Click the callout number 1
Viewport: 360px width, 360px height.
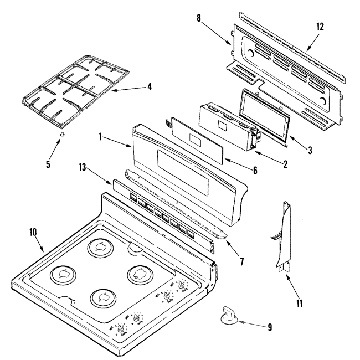pyautogui.click(x=100, y=135)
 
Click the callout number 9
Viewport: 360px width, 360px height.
pyautogui.click(x=269, y=327)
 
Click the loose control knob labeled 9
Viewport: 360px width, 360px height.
pyautogui.click(x=229, y=315)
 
